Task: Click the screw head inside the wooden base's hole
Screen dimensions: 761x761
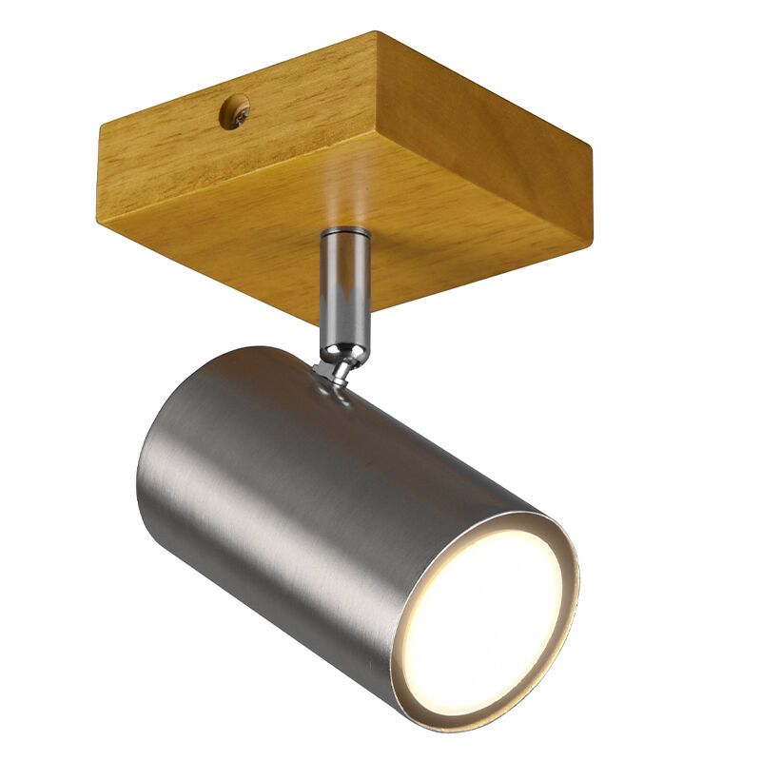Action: [x=234, y=114]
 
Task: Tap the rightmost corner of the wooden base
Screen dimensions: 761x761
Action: [x=592, y=152]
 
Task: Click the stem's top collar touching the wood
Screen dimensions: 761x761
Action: [x=345, y=234]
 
